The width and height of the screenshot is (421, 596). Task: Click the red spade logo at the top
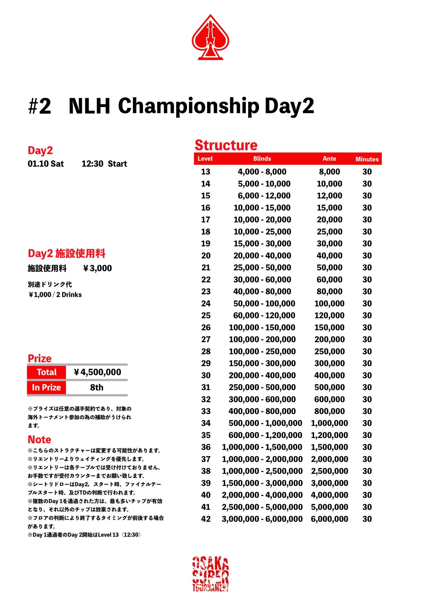pyautogui.click(x=210, y=38)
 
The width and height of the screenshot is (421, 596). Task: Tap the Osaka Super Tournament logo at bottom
pyautogui.click(x=211, y=574)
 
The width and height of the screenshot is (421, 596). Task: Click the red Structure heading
pyautogui.click(x=226, y=145)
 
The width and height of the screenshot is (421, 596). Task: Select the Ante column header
pyautogui.click(x=329, y=159)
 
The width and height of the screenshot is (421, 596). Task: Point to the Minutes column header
pyautogui.click(x=367, y=159)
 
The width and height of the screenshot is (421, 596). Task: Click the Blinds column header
pyautogui.click(x=262, y=159)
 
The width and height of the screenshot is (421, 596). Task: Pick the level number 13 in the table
pyautogui.click(x=205, y=172)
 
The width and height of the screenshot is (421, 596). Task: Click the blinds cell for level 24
pyautogui.click(x=264, y=304)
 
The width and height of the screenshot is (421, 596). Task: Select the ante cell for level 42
pyautogui.click(x=329, y=519)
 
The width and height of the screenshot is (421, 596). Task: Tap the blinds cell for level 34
pyautogui.click(x=265, y=423)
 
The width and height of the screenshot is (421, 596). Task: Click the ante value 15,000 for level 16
pyautogui.click(x=329, y=208)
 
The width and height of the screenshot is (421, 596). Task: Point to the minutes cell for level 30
pyautogui.click(x=367, y=375)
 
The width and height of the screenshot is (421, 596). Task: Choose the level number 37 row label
pyautogui.click(x=206, y=459)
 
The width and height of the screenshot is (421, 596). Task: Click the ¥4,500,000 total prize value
pyautogui.click(x=97, y=372)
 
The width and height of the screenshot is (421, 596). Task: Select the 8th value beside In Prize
pyautogui.click(x=97, y=388)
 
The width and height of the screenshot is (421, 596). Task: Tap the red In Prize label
pyautogui.click(x=47, y=388)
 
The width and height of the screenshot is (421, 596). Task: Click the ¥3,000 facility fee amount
pyautogui.click(x=97, y=268)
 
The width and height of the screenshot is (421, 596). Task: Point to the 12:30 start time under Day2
pyautogui.click(x=92, y=164)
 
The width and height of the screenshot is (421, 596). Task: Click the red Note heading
pyautogui.click(x=39, y=439)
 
